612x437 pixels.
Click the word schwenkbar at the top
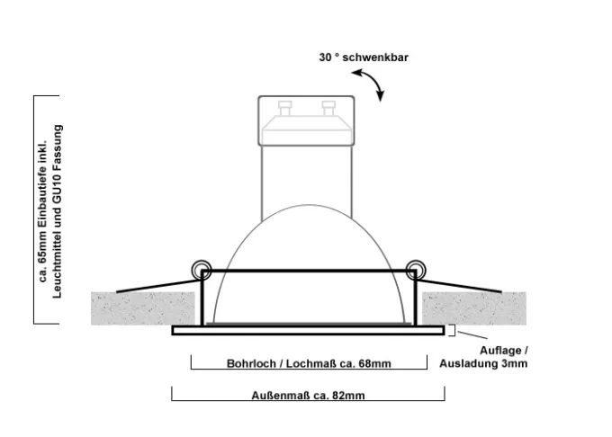click(x=375, y=58)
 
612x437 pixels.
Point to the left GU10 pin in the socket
click(x=285, y=108)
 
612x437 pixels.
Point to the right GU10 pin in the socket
click(x=328, y=108)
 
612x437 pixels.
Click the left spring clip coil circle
click(x=202, y=270)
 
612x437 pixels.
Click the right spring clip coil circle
click(x=416, y=270)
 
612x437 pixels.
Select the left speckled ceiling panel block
click(x=143, y=308)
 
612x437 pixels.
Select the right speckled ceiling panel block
click(x=474, y=308)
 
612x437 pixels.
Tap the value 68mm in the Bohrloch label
click(x=374, y=363)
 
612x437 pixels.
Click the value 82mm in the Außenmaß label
click(x=348, y=396)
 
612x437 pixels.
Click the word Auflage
click(x=500, y=351)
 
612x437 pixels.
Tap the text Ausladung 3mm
click(x=483, y=363)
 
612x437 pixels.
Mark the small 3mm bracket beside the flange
click(x=453, y=330)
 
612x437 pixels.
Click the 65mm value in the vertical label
click(x=42, y=247)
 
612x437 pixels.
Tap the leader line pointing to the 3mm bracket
click(x=472, y=334)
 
